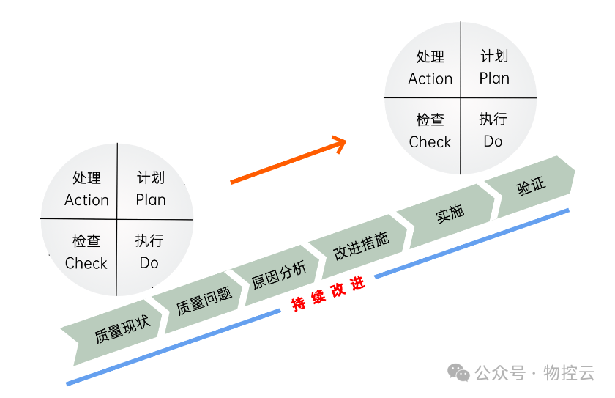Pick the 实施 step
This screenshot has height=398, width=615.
pos(450,213)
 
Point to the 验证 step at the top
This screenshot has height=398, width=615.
pos(532,185)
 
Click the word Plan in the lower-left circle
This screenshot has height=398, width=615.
pos(151,200)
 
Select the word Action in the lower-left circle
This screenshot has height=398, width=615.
pos(86,200)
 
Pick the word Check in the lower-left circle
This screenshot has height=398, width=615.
pos(86,263)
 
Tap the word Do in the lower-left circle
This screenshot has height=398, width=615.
pos(149,262)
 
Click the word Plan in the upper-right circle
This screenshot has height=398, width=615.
pos(494,78)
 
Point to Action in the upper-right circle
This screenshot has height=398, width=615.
pos(430,78)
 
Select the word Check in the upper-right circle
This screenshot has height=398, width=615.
pos(430,142)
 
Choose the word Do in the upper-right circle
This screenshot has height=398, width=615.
pos(493,141)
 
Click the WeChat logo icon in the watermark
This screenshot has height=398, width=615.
pos(459,373)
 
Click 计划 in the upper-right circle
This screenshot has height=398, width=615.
pos(494,56)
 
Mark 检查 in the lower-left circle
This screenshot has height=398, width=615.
pos(86,242)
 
